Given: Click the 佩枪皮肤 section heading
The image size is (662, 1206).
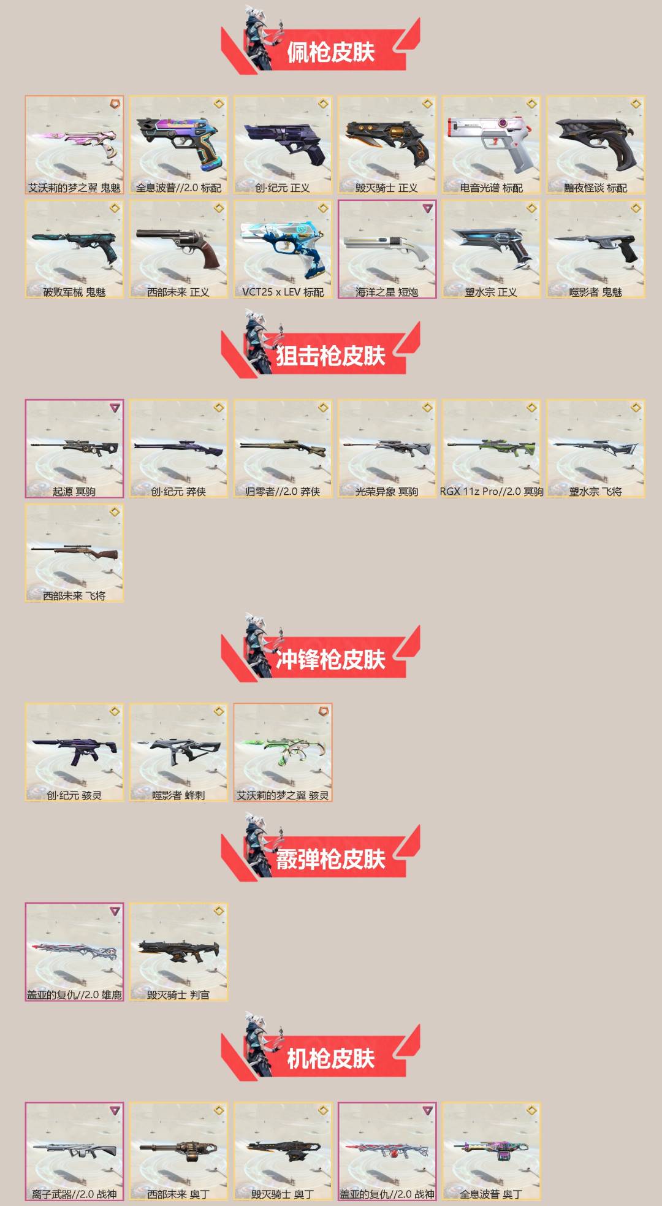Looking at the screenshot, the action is (330, 52).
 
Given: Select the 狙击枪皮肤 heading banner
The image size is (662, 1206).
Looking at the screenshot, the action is (330, 356).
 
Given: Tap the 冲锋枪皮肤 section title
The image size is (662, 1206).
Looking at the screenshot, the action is (330, 660).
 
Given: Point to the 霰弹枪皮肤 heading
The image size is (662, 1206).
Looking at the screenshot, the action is (330, 859).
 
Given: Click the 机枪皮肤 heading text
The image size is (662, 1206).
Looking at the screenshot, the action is (330, 1058).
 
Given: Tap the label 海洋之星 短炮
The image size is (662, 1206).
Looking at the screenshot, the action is (387, 292).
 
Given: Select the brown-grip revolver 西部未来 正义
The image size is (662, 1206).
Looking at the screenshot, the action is (178, 245).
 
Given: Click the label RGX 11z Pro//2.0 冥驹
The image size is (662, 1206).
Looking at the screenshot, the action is (492, 492).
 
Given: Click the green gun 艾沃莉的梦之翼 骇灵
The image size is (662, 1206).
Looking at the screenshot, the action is (283, 750).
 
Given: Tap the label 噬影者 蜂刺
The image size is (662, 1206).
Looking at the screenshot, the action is (178, 795).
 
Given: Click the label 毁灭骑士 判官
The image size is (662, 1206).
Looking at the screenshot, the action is (178, 994).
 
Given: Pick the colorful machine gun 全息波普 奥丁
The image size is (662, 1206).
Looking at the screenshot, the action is (491, 1150).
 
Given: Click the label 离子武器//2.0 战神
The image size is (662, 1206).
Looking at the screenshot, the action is (74, 1194).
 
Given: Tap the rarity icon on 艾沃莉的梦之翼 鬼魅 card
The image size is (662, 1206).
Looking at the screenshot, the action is (115, 104).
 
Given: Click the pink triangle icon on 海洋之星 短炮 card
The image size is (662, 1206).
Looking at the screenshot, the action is (427, 208).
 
